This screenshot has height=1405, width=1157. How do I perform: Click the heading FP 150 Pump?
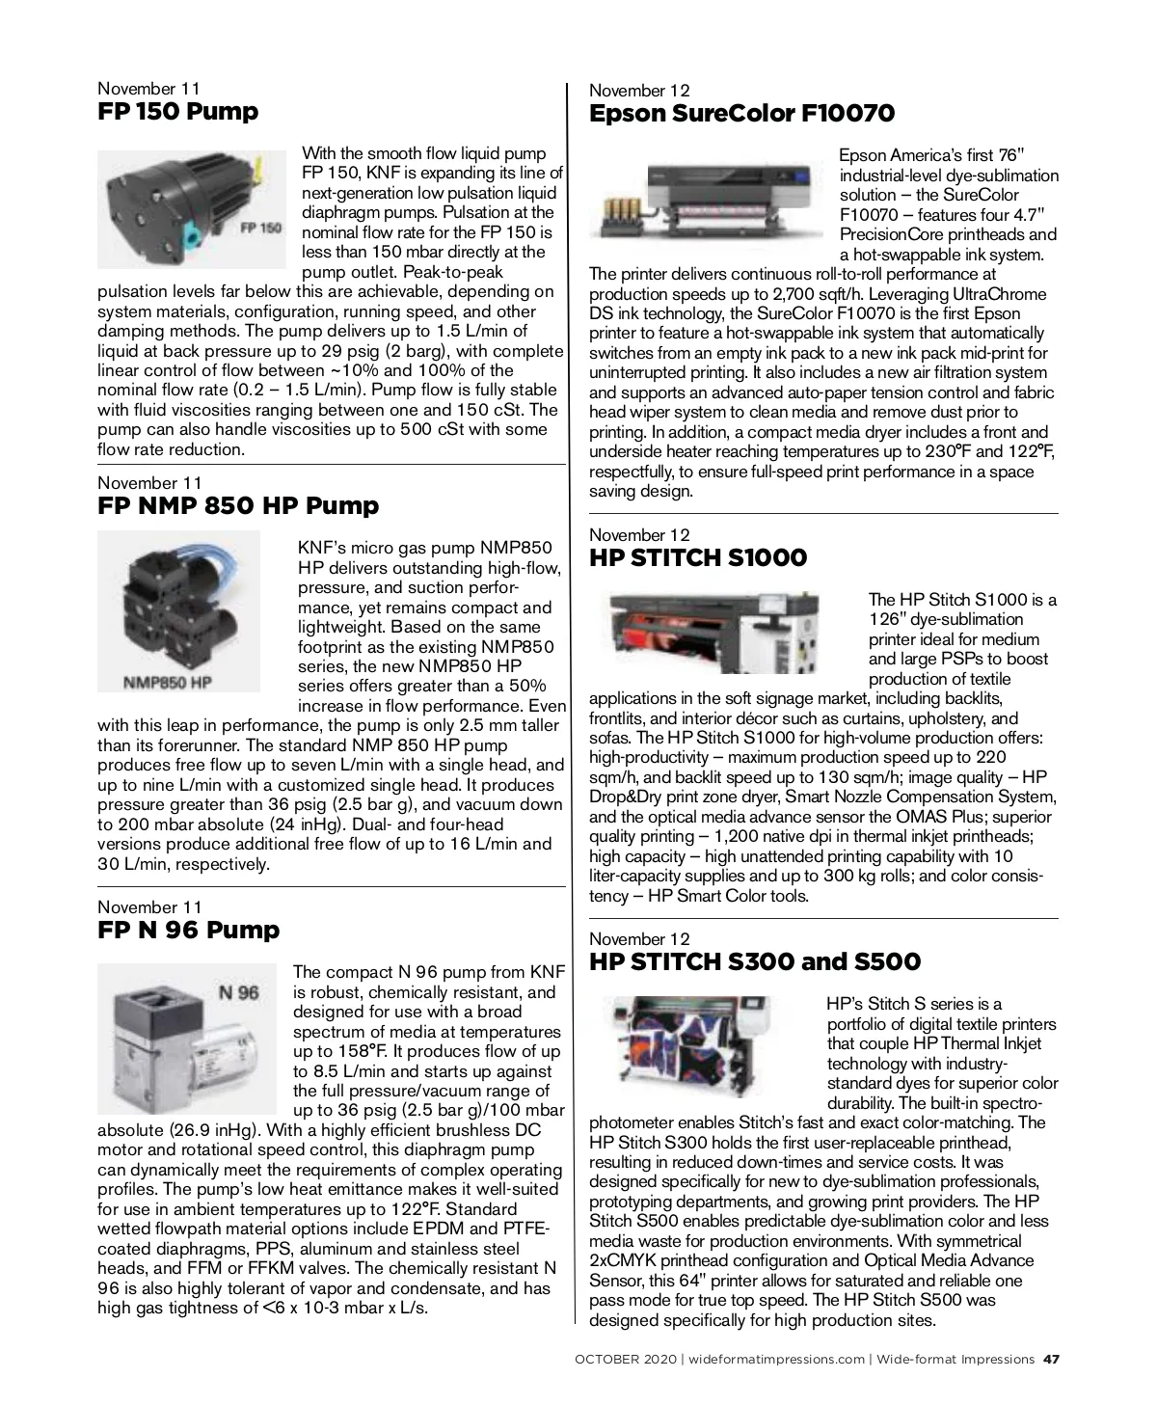[x=178, y=112]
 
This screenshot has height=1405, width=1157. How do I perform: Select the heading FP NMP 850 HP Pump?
[x=238, y=506]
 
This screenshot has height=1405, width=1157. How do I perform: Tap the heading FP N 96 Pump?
[x=189, y=931]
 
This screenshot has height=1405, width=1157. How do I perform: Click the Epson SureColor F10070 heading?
[x=741, y=114]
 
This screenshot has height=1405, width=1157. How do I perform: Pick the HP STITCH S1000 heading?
[x=698, y=558]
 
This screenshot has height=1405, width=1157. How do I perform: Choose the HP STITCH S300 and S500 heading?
[x=754, y=962]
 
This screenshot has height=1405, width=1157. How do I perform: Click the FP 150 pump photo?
[x=191, y=207]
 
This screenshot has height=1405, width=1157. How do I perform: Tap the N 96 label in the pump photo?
[x=239, y=993]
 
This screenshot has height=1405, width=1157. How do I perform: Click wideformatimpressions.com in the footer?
[x=777, y=1360]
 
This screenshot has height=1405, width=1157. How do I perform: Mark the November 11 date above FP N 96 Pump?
[x=149, y=907]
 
